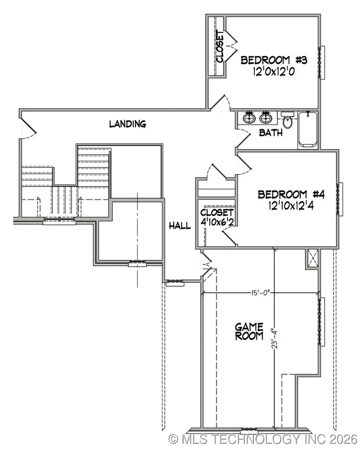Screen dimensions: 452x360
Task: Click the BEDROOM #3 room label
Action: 274,60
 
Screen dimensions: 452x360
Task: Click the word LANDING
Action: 128,124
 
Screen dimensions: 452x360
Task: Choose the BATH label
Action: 271,133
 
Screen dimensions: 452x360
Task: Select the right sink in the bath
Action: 266,118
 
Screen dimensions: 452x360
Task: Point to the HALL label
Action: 180,226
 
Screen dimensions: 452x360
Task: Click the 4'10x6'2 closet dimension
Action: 217,223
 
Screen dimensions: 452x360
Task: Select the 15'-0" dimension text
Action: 260,293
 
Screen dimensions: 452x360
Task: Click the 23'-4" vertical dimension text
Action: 273,339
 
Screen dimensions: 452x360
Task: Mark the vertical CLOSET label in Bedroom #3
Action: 220,46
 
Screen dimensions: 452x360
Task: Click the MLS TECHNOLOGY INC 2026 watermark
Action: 263,440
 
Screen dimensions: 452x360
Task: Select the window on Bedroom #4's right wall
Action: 340,199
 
